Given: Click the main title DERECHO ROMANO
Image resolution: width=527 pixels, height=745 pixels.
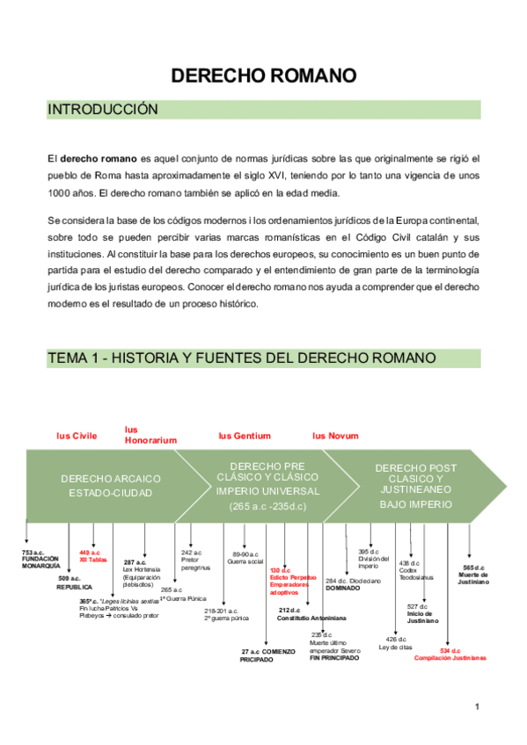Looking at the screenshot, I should pyautogui.click(x=263, y=76).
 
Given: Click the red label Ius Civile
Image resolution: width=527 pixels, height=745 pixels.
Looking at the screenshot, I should pyautogui.click(x=77, y=436).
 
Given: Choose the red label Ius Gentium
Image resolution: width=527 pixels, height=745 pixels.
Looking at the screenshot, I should pyautogui.click(x=245, y=436).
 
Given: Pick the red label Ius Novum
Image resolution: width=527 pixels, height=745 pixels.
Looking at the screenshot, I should pyautogui.click(x=335, y=436).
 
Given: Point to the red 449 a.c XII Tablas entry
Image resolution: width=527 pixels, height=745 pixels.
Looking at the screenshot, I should pyautogui.click(x=94, y=555).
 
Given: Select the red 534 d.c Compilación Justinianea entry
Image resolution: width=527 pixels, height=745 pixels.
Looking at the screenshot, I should pyautogui.click(x=450, y=654).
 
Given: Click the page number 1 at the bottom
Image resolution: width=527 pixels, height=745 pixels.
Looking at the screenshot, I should pyautogui.click(x=476, y=706).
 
